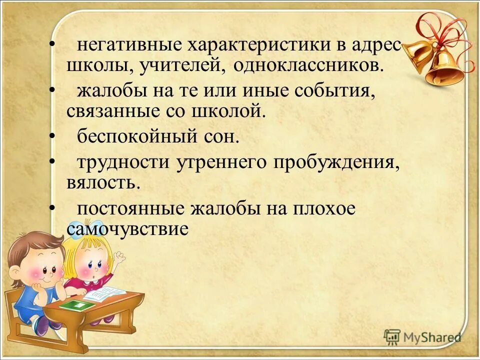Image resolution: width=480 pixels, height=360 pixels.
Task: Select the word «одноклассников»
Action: tap(308, 66)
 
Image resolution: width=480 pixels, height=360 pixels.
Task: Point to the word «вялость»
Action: tap(102, 182)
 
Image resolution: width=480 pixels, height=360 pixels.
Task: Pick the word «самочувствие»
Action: tap(127, 229)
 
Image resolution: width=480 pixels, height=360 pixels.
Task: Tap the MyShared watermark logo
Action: tap(422, 337)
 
